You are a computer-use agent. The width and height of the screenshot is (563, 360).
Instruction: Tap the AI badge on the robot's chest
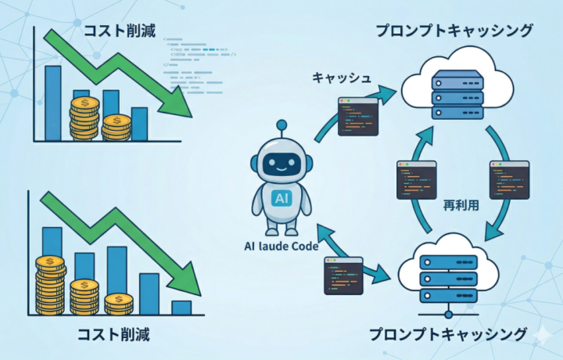281,199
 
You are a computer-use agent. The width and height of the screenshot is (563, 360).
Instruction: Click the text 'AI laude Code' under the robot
281,248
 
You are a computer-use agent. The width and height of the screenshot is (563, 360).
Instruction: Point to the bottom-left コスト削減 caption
113,334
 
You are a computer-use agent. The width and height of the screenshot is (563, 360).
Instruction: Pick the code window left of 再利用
416,180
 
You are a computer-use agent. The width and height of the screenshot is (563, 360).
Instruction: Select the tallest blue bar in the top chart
53,103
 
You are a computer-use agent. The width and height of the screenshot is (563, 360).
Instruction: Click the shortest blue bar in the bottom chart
181,308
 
